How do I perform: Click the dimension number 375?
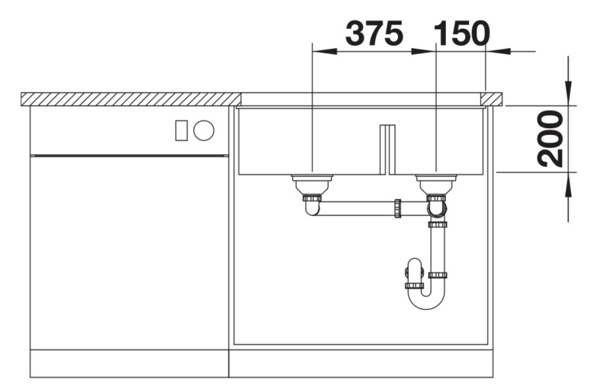click(374, 34)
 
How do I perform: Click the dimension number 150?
click(461, 34)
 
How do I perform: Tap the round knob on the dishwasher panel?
click(204, 130)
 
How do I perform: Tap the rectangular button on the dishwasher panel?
click(181, 130)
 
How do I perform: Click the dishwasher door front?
click(129, 252)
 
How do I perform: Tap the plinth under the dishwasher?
click(129, 363)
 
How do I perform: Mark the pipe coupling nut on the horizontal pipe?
click(397, 207)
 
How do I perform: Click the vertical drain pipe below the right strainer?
click(438, 248)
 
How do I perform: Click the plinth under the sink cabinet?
click(360, 363)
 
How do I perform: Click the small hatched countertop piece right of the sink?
click(492, 98)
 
